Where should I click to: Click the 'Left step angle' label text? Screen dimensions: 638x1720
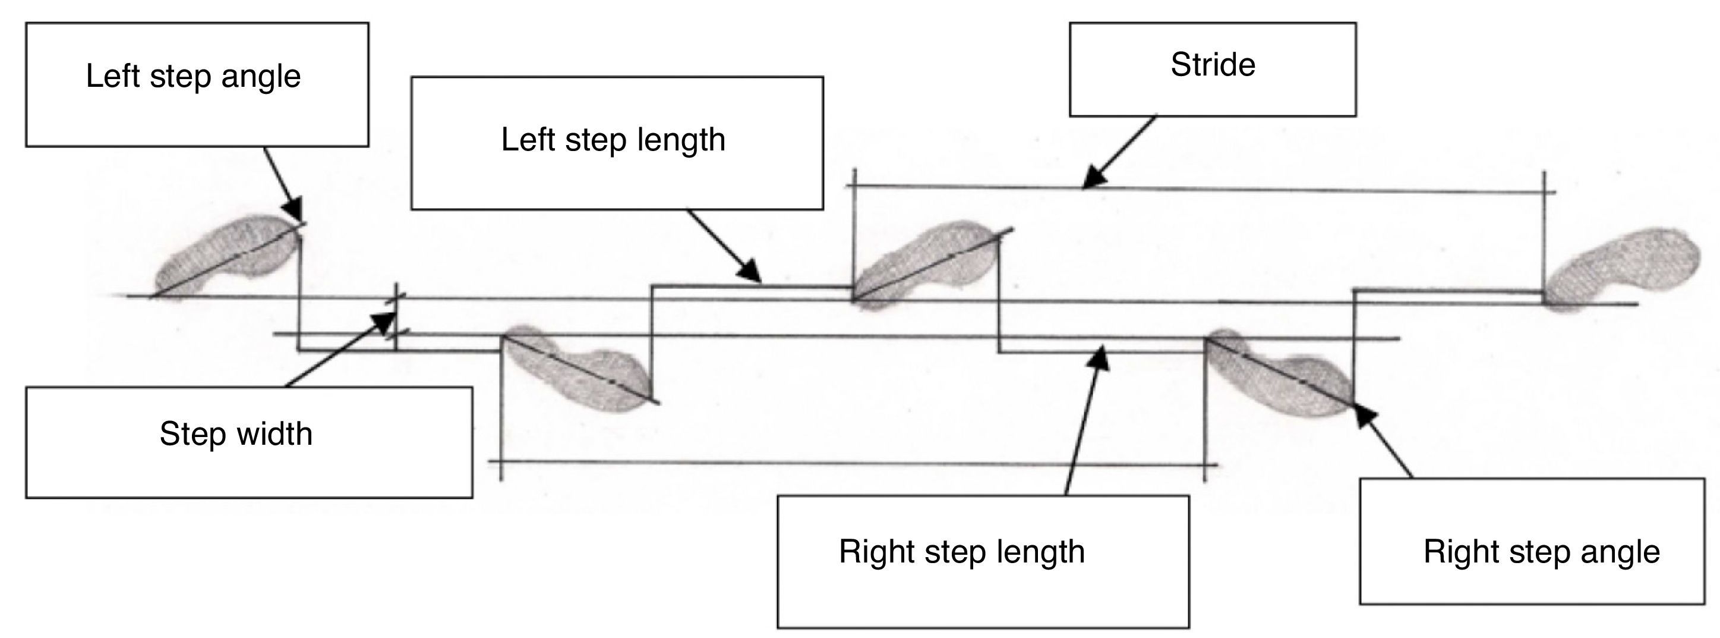coord(193,76)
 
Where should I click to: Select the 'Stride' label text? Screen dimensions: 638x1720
coord(1213,65)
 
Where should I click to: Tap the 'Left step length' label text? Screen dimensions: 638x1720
coord(613,140)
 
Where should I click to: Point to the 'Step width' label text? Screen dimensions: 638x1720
coord(236,434)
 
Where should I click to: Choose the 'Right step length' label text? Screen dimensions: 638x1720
coord(961,552)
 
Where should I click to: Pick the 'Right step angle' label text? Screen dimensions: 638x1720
coord(1542,552)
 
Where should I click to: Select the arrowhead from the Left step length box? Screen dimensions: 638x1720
coord(753,275)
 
